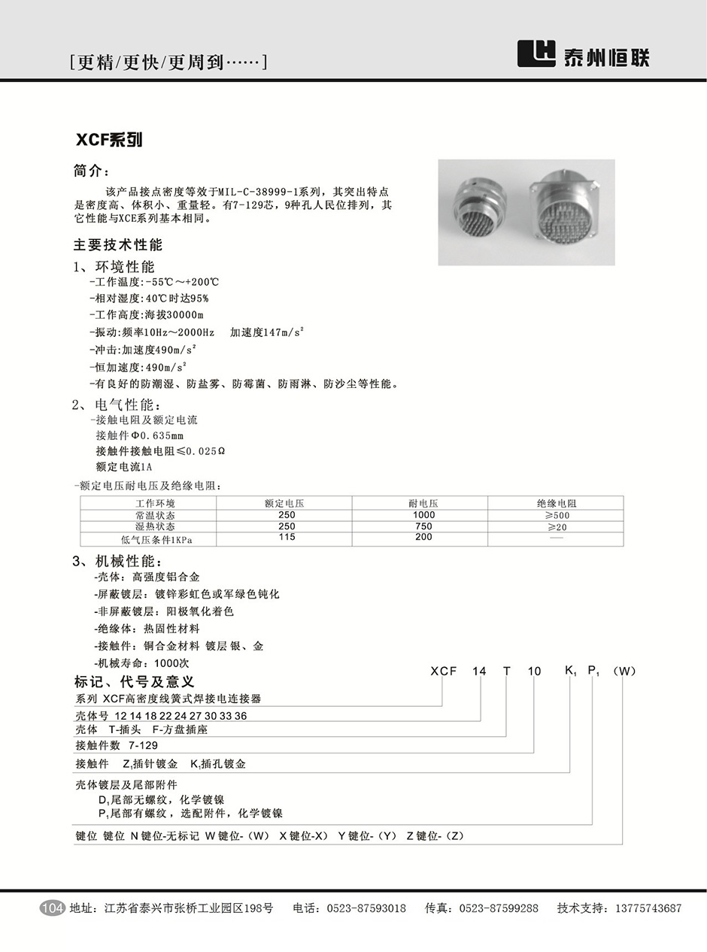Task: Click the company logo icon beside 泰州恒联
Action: (x=536, y=53)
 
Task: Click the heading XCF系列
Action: (x=109, y=140)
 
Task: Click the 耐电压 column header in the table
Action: (x=423, y=503)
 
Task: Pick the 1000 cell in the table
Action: (x=423, y=515)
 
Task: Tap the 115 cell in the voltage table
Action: (x=287, y=538)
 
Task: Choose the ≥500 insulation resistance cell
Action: (x=557, y=515)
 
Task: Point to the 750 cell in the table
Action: (x=423, y=526)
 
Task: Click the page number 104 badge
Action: (x=52, y=908)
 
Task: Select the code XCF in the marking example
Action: (x=443, y=672)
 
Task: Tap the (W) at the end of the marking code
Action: (x=625, y=672)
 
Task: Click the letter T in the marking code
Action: (x=507, y=672)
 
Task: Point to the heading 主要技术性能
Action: (x=118, y=245)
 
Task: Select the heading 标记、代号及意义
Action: (x=135, y=682)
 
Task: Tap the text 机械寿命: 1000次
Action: (x=141, y=663)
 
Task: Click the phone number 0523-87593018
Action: (x=366, y=908)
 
